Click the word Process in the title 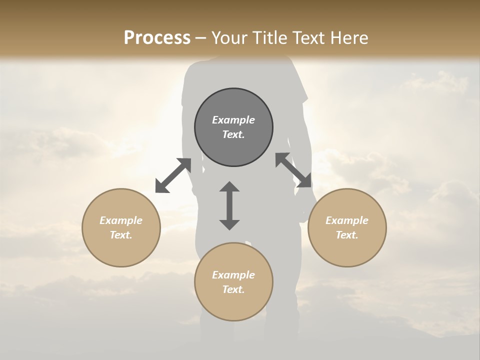(157, 38)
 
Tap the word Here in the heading (348, 38)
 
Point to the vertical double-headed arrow (229, 205)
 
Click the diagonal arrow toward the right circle (293, 170)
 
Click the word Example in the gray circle (233, 120)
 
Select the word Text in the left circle (121, 235)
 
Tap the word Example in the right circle (347, 220)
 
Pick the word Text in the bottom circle (233, 289)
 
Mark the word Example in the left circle (121, 220)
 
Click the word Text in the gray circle (233, 134)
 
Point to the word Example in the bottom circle (233, 275)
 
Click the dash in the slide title (201, 38)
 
